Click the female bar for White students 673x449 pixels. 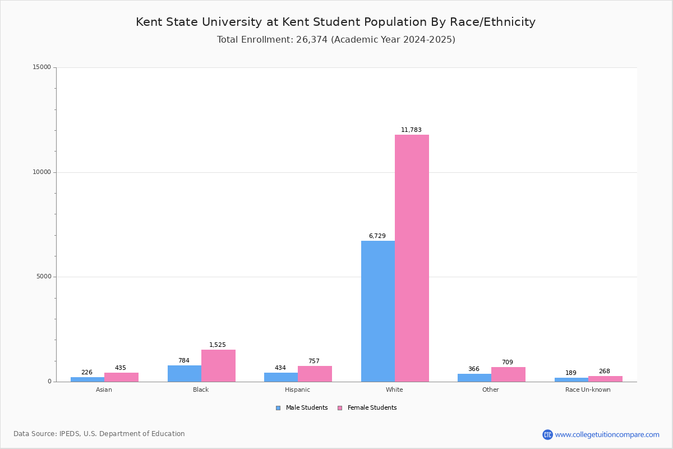tap(412, 258)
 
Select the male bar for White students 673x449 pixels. tap(378, 311)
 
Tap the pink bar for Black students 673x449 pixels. tap(218, 365)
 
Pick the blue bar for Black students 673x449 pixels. tap(185, 373)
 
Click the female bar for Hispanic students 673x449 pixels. tap(315, 374)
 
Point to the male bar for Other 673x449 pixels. tap(474, 378)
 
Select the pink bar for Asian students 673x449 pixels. tap(121, 377)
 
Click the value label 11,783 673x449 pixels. tap(411, 130)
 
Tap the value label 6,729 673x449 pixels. tap(377, 236)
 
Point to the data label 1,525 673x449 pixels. tap(218, 345)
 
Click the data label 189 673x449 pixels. tap(571, 373)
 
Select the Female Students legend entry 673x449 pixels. tap(367, 408)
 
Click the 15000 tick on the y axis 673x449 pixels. tap(42, 67)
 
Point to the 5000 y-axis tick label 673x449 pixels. tap(44, 277)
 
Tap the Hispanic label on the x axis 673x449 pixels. tap(297, 390)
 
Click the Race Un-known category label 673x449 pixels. tap(588, 390)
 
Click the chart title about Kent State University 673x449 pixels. tap(336, 22)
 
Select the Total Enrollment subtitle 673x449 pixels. tap(336, 40)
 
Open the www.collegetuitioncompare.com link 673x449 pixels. tap(607, 434)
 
